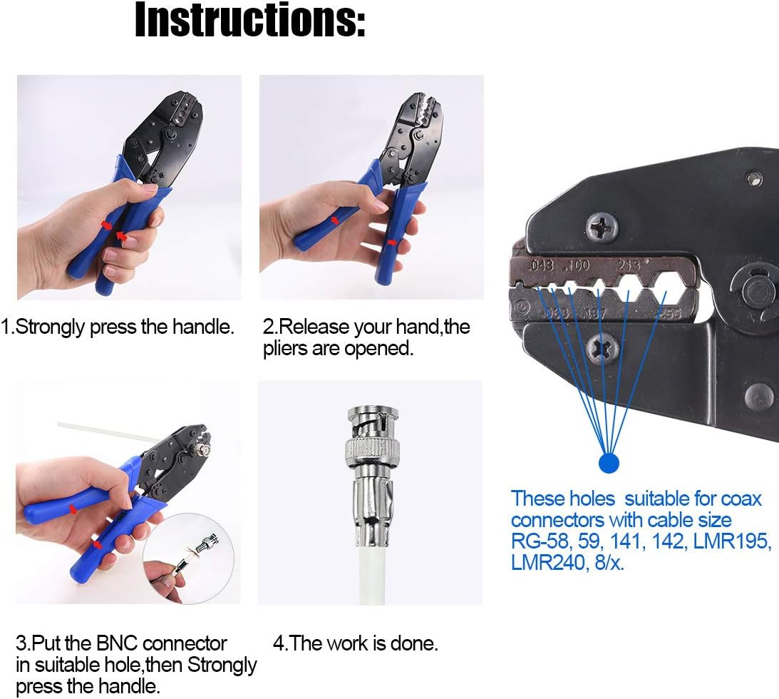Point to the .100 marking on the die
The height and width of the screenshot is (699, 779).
coord(577,267)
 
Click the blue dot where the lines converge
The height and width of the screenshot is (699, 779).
coord(608,463)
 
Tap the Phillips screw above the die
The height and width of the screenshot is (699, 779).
coord(603,228)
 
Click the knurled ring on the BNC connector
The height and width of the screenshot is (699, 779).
coord(366,449)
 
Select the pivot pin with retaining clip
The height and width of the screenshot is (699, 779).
coord(754,290)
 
